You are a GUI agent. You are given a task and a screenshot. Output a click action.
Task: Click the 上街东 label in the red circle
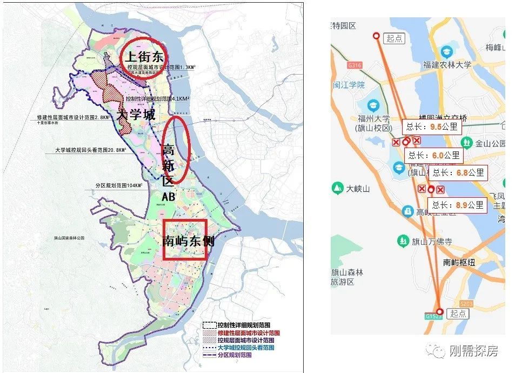click(x=144, y=55)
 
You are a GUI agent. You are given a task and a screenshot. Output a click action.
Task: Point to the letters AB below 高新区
click(x=169, y=197)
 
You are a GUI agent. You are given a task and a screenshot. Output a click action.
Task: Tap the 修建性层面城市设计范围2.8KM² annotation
click(x=73, y=117)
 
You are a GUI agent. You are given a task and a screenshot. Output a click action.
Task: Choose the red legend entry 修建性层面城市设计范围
click(x=246, y=333)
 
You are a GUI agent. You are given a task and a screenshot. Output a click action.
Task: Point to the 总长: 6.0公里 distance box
click(x=434, y=156)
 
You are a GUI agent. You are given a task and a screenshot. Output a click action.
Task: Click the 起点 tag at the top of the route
click(x=395, y=38)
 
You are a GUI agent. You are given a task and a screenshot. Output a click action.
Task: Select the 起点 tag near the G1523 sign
click(x=458, y=314)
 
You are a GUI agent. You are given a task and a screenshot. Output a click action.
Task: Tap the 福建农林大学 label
click(x=447, y=65)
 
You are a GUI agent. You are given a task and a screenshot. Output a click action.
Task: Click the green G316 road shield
click(x=355, y=65)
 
